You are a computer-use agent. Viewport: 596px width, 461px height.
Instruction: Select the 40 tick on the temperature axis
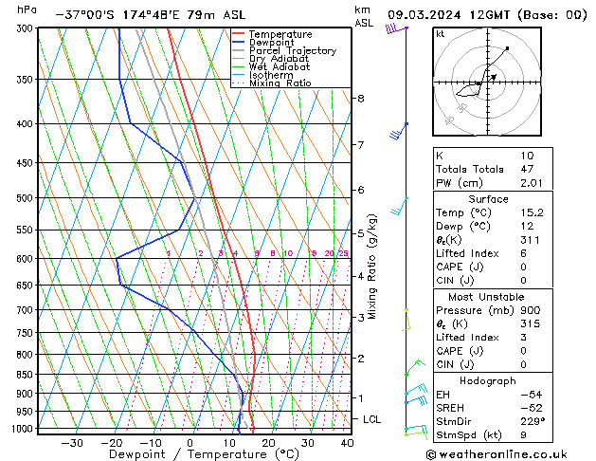pos(347,443)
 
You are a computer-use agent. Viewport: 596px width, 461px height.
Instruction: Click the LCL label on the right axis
pos(372,418)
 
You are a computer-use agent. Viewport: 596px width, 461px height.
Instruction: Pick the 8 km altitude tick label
pos(360,99)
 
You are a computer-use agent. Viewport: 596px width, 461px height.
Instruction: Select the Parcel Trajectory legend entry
pos(292,51)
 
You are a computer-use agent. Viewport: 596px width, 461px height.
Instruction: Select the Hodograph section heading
pos(488,379)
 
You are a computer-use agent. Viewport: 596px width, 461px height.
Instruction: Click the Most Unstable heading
pos(487,296)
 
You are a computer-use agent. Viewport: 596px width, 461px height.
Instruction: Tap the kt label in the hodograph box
pos(441,33)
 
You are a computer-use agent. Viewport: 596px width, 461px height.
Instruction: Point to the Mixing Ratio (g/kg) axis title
pos(372,267)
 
